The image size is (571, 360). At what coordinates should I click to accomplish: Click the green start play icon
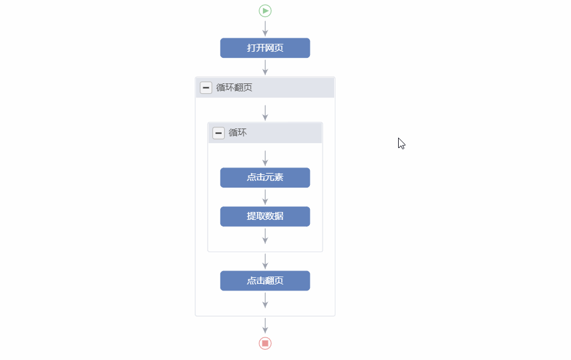point(265,11)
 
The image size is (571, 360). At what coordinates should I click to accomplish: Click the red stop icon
point(265,343)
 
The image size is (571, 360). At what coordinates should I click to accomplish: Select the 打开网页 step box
point(265,48)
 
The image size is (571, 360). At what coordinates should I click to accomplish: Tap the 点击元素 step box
point(265,177)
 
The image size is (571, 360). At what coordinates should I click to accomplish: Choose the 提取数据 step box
point(265,216)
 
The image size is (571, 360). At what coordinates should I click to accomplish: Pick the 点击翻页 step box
point(265,281)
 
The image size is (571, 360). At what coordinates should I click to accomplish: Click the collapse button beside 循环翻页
point(206,88)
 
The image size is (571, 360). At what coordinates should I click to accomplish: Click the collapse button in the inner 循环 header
point(219,133)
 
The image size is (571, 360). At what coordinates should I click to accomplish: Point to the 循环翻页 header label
point(234,88)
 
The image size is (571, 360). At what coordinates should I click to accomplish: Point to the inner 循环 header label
point(237,133)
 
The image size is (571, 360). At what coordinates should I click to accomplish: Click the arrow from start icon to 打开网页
point(265,29)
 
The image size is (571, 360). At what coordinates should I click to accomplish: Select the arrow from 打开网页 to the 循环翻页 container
point(265,68)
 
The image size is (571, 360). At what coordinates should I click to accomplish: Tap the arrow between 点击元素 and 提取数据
point(265,197)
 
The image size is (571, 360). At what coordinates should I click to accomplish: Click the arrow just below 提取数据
point(265,236)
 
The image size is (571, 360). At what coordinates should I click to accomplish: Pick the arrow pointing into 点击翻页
point(265,261)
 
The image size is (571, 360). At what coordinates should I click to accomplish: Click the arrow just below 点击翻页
point(265,300)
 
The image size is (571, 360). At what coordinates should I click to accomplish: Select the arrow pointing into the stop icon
point(265,325)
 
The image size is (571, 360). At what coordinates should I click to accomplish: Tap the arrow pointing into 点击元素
point(265,158)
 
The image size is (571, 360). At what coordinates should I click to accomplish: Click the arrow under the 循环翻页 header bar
point(265,113)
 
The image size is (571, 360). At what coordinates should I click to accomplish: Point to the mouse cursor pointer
point(401,144)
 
